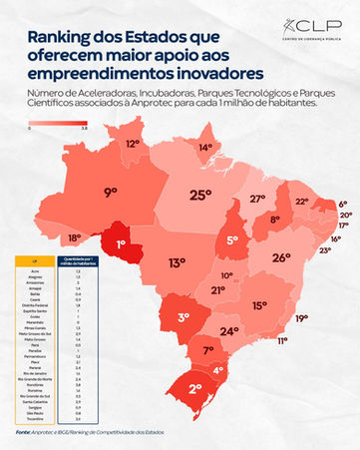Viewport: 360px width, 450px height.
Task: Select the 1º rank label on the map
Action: pos(121,241)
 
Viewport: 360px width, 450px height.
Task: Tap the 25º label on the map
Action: pos(200,195)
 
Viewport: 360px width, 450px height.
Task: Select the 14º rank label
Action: pos(206,149)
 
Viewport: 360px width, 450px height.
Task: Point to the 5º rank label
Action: pos(231,240)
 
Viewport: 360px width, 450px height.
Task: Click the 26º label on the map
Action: pos(281,256)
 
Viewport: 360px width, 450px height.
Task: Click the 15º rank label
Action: pos(259,306)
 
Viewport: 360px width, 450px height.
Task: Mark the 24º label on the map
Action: pos(229,331)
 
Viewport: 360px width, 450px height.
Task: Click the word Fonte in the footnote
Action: pos(23,433)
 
